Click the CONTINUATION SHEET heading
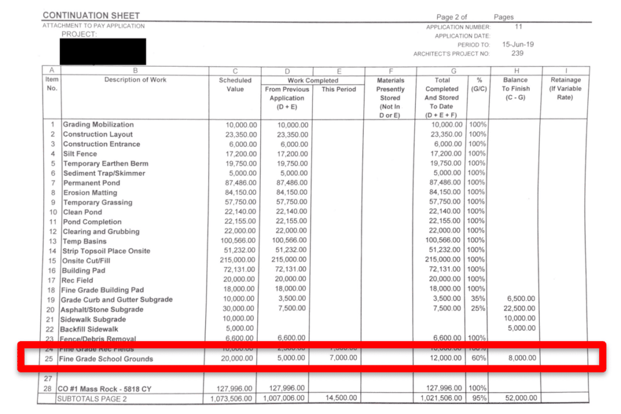[91, 15]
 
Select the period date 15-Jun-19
[518, 45]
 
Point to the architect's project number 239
[517, 53]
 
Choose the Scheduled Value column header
[235, 84]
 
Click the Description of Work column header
[135, 80]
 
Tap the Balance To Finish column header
[516, 89]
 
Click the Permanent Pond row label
[92, 183]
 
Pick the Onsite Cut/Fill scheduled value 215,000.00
[236, 260]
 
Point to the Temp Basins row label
[84, 241]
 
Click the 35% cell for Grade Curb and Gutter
[478, 299]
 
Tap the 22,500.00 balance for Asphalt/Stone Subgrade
[520, 308]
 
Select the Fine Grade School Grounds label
[106, 359]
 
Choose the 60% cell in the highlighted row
[478, 358]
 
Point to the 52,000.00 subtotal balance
[520, 398]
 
